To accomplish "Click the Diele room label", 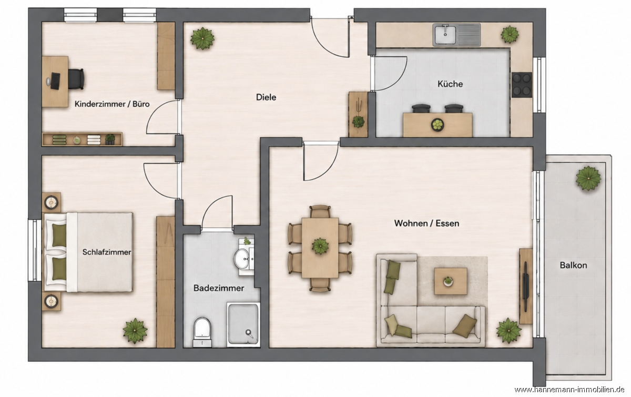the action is click(x=266, y=97).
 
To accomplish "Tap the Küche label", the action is click(x=450, y=84).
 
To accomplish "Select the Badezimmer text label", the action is click(x=219, y=288).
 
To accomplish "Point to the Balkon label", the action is click(x=574, y=266).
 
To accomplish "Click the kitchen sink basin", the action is click(x=445, y=34).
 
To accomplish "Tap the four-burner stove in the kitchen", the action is click(x=522, y=85).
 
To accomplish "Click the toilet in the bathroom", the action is click(x=202, y=332).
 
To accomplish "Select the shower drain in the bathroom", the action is click(x=249, y=332).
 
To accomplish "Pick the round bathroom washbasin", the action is click(x=241, y=259).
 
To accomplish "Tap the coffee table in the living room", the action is click(x=451, y=281).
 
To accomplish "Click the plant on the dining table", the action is click(x=320, y=246).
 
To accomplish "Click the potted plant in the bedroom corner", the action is click(x=135, y=331).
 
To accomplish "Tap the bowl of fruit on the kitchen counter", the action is click(x=437, y=125).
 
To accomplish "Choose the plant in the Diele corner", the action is click(x=202, y=38).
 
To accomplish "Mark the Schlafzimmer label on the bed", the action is click(x=106, y=252).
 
